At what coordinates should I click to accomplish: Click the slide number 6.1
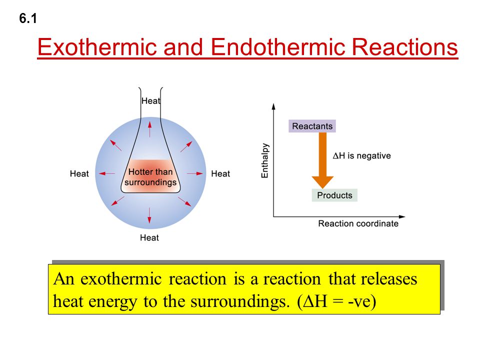coord(27,19)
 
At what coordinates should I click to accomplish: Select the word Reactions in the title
coord(405,47)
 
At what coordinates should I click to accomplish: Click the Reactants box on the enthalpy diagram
coord(312,126)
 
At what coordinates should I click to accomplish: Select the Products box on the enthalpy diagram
coord(334,195)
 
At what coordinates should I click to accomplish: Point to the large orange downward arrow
coord(322,160)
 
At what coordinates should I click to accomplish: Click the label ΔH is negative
coord(361,155)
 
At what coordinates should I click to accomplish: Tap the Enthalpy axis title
coord(265,160)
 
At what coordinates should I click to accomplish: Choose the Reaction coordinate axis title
coord(358,223)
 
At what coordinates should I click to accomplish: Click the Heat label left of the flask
coord(79,173)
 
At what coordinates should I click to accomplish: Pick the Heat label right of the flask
coord(220,173)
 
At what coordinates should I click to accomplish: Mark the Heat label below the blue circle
coord(149,237)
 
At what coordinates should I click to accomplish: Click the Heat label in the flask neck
coord(150,100)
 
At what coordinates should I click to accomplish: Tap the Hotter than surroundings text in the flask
coord(150,177)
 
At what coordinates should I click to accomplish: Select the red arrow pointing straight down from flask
coord(149,216)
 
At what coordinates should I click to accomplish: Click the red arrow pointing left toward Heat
coord(106,173)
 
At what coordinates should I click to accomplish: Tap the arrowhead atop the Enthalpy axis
coord(273,105)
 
